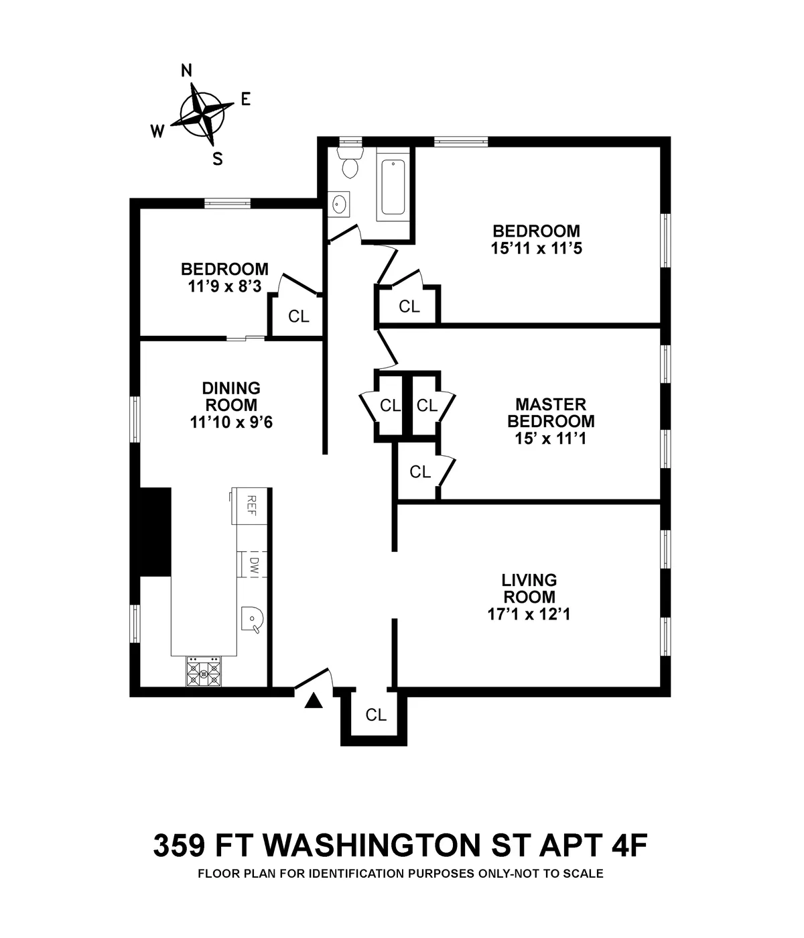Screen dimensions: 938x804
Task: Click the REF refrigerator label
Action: (252, 504)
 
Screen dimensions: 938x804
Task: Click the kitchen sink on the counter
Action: (252, 618)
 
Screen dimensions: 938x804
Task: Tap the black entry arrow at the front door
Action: (314, 701)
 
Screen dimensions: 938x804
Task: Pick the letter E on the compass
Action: (245, 99)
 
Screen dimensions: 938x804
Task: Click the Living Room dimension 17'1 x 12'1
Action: (529, 614)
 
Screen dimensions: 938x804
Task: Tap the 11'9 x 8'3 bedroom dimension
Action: (224, 286)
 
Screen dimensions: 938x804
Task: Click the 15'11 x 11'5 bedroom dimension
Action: (536, 248)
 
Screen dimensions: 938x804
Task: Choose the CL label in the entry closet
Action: (376, 715)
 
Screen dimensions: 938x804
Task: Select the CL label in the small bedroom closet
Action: (299, 316)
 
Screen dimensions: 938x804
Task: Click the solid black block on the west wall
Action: (154, 531)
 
